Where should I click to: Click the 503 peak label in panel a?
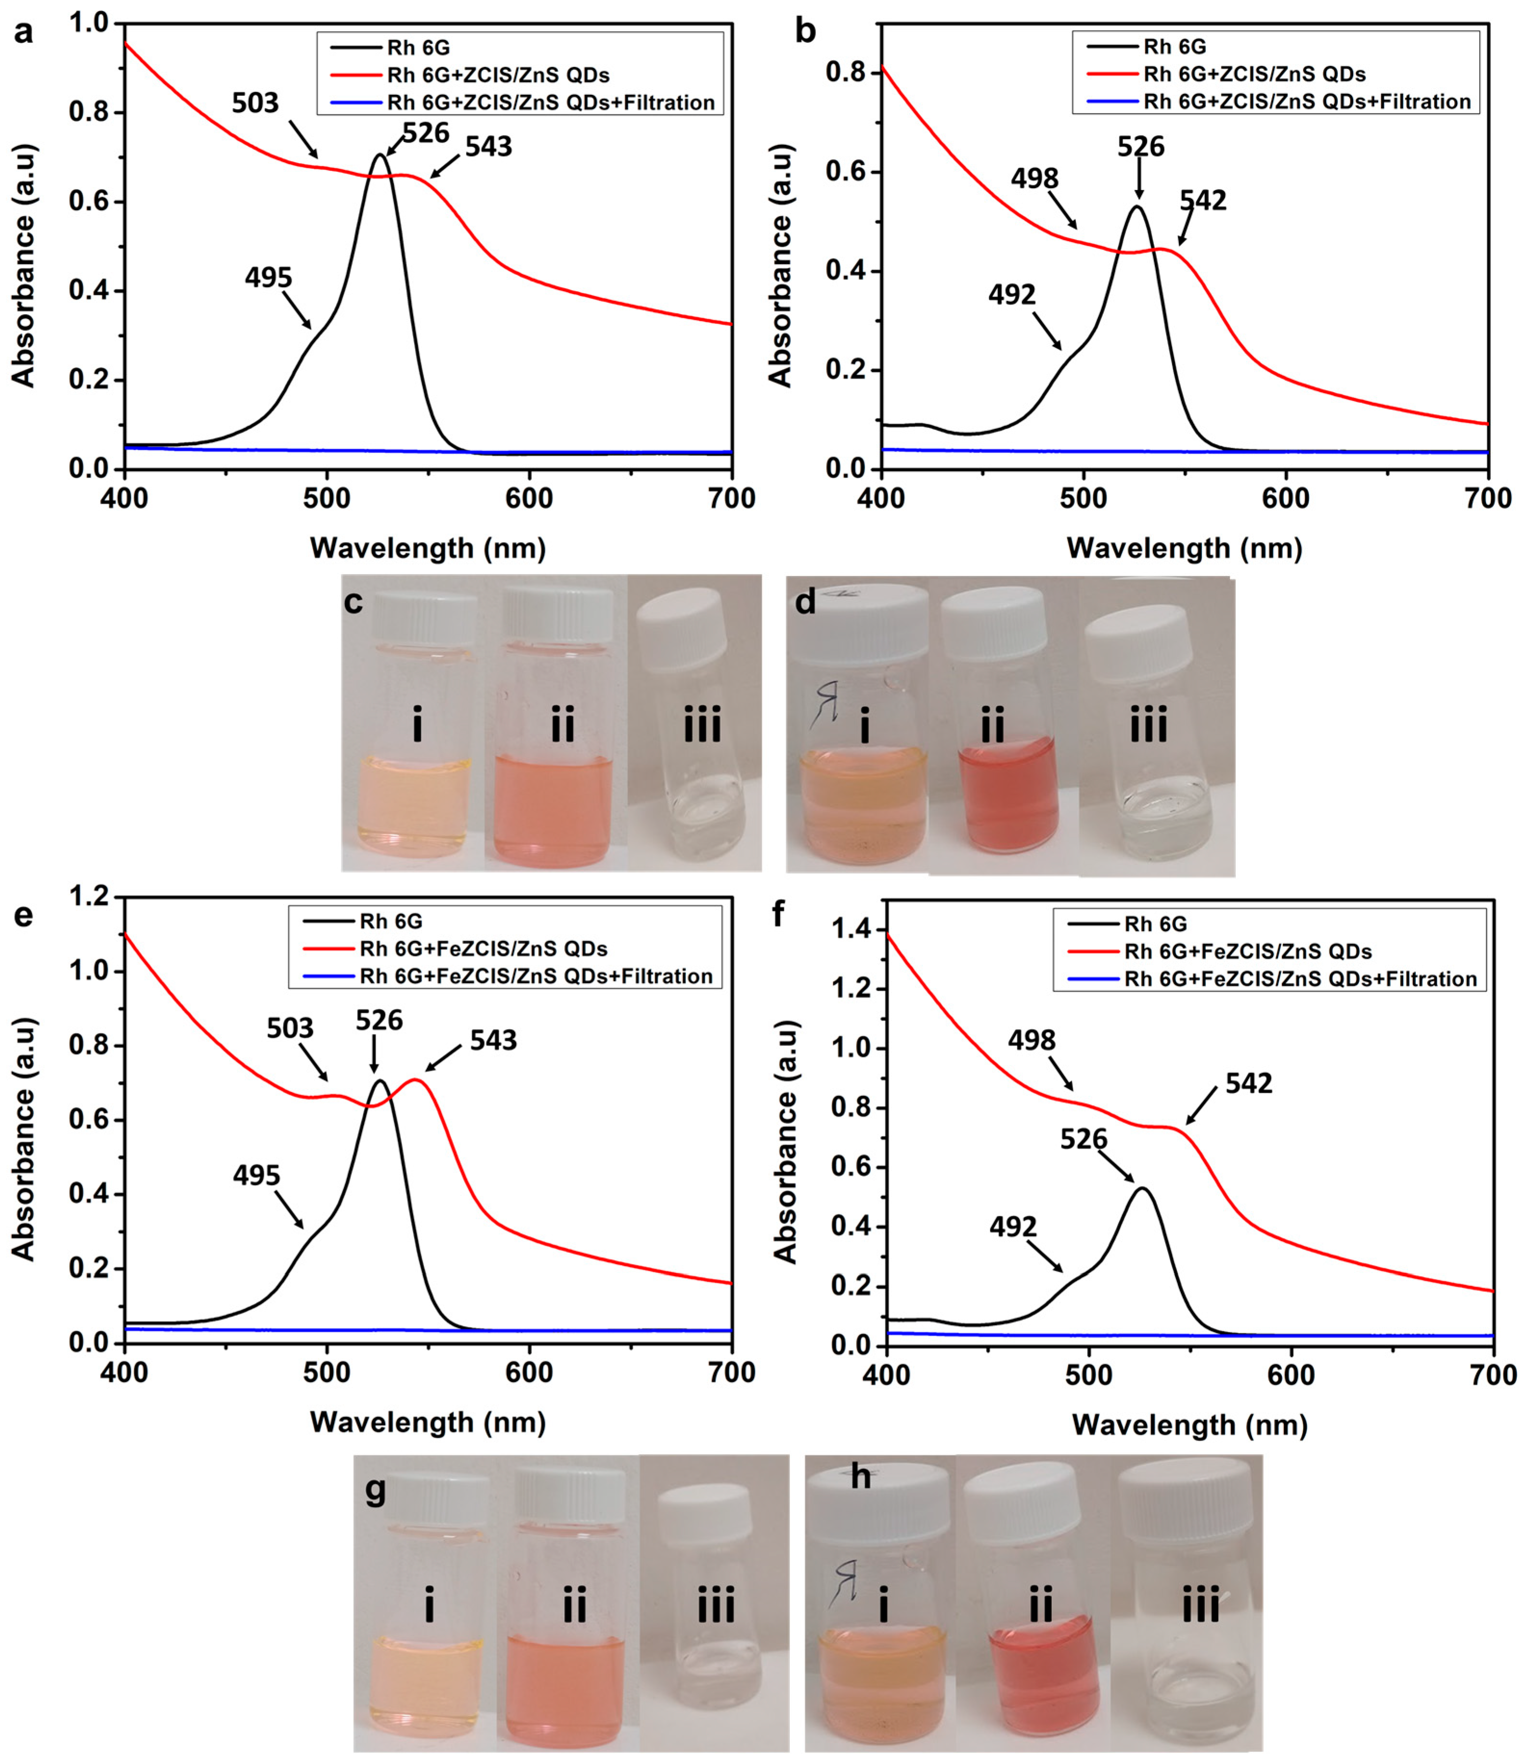256,103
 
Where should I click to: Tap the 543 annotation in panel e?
494,1040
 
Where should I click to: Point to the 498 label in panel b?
1034,179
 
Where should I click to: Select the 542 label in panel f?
1249,1083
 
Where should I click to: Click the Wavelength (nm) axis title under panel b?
1184,548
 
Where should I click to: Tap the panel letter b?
805,31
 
